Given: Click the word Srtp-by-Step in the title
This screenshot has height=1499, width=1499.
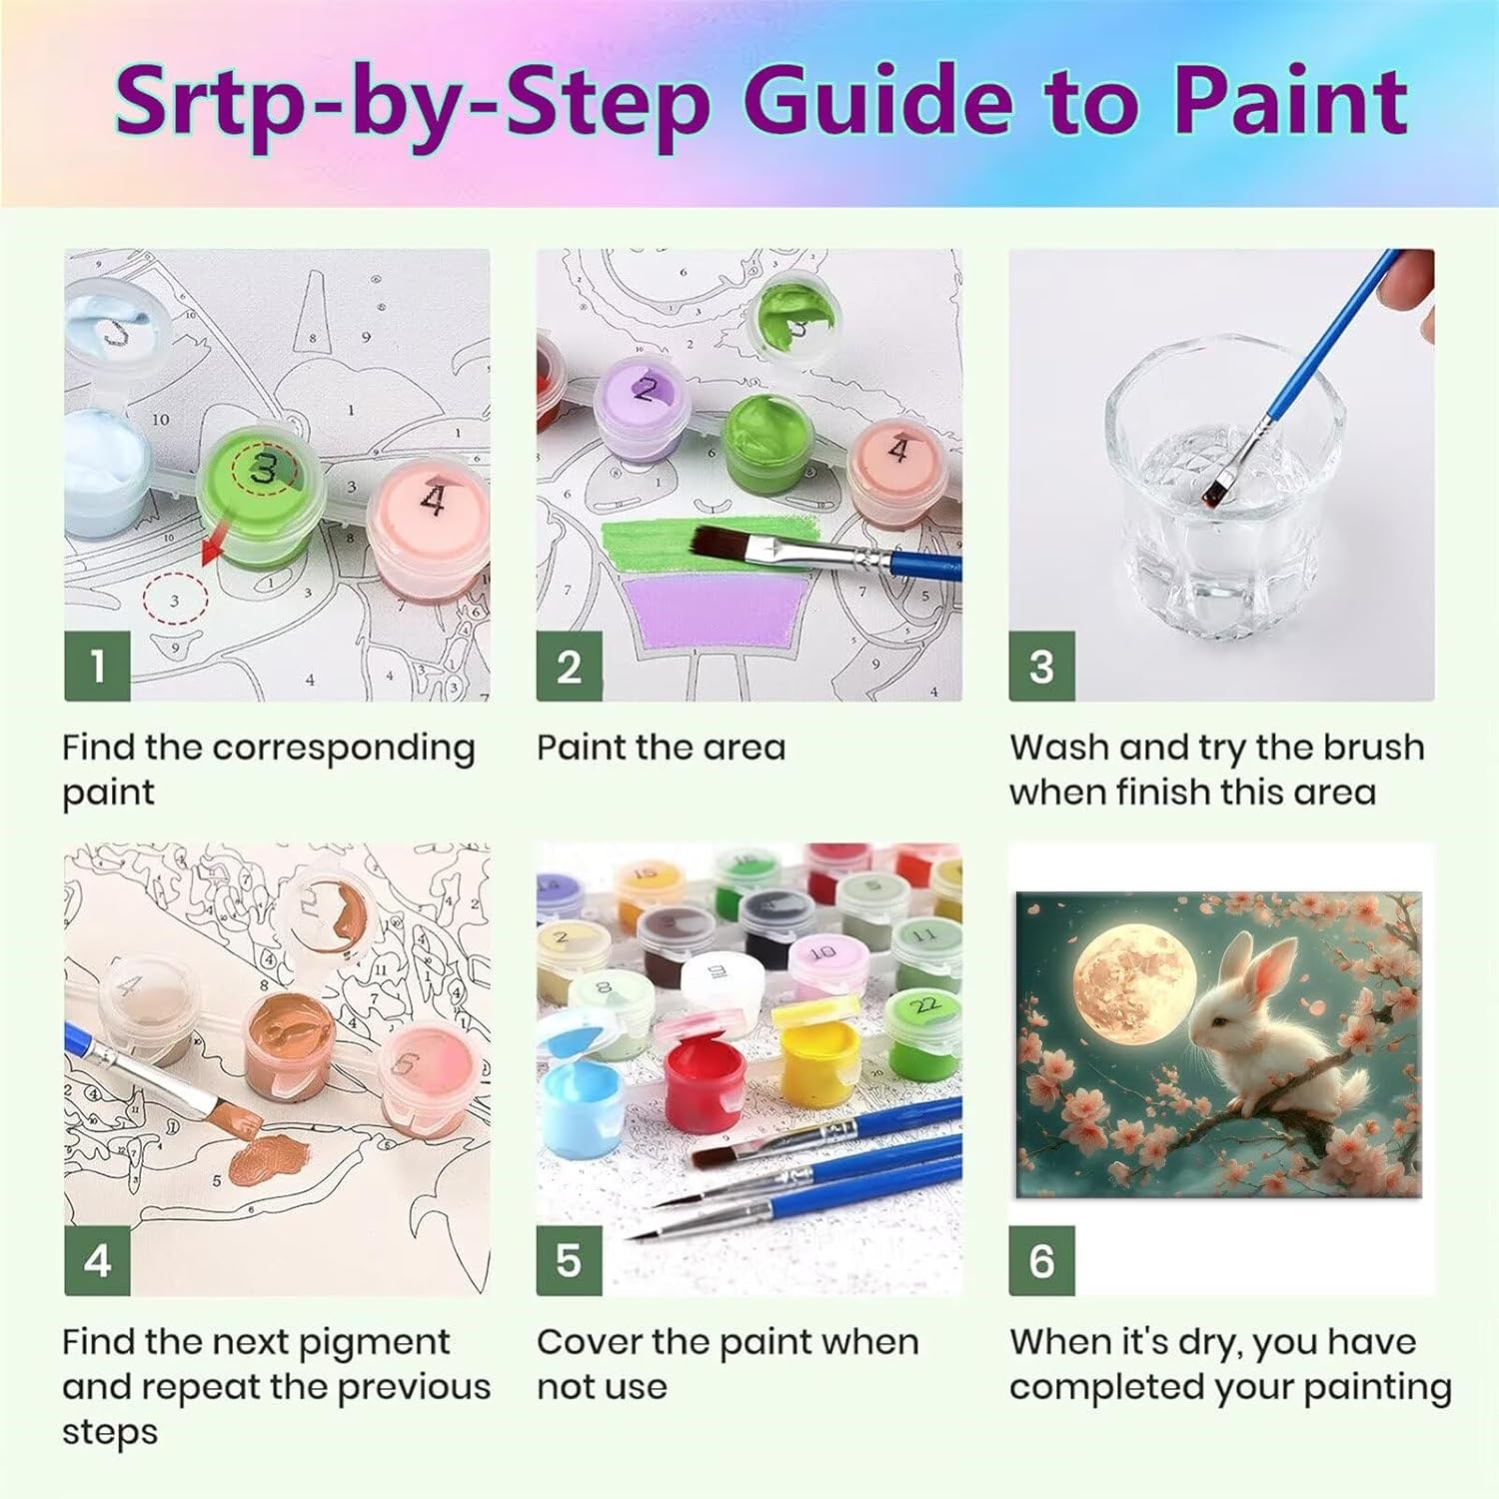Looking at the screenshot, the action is click(412, 103).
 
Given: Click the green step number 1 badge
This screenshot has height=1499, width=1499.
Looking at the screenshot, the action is click(97, 667).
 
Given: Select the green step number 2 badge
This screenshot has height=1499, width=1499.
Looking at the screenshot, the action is click(569, 667).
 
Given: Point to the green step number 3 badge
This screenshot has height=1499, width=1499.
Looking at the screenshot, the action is click(1041, 667).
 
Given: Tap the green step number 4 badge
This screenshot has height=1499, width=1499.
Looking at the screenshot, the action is click(97, 1261).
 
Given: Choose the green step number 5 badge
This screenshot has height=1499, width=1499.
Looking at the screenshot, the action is click(569, 1261).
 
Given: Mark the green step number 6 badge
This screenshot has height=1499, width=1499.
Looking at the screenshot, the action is click(1041, 1261).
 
